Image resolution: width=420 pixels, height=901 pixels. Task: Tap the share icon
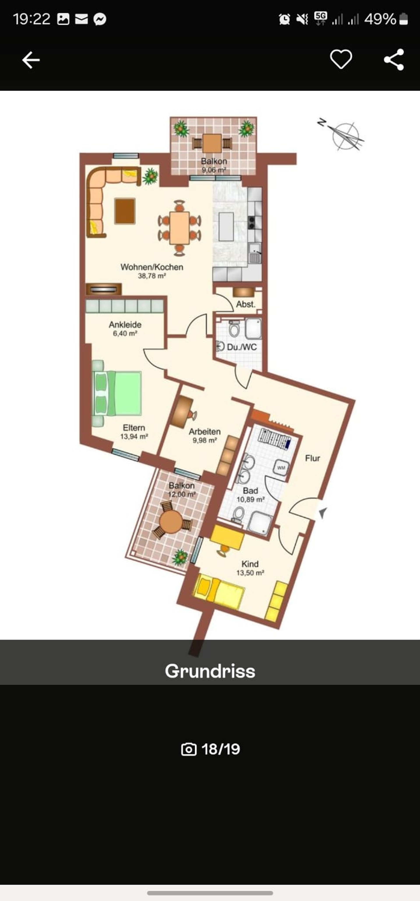pyautogui.click(x=394, y=60)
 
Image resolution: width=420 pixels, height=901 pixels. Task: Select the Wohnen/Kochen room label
pyautogui.click(x=152, y=267)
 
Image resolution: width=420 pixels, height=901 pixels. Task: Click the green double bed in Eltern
pyautogui.click(x=117, y=393)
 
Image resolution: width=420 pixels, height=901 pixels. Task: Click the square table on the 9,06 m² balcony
pyautogui.click(x=212, y=143)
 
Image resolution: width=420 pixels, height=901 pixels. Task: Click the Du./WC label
pyautogui.click(x=242, y=347)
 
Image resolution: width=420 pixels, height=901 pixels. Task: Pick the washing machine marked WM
pyautogui.click(x=281, y=468)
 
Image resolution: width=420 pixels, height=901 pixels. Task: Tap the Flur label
pyautogui.click(x=312, y=458)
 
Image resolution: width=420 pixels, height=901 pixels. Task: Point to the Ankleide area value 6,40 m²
pyautogui.click(x=125, y=334)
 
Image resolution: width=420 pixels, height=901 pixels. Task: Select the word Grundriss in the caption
pyautogui.click(x=210, y=671)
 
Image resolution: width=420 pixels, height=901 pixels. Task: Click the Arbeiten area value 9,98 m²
pyautogui.click(x=205, y=441)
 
